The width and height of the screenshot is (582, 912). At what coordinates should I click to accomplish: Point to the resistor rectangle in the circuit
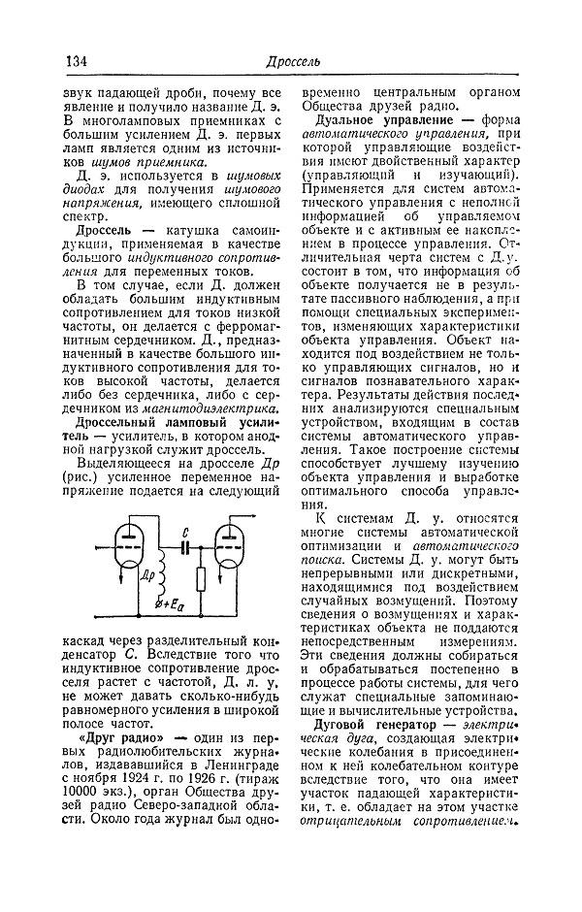pyautogui.click(x=200, y=579)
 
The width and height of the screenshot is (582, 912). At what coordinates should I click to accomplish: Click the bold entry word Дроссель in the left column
pyautogui.click(x=98, y=240)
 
